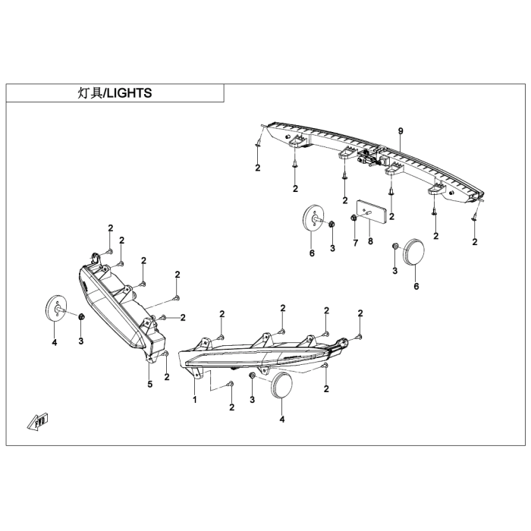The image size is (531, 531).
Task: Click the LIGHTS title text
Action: pos(129,93)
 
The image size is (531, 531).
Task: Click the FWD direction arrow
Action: pos(38,421)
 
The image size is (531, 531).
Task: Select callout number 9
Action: pos(401,131)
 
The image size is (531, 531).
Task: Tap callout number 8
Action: pos(370,241)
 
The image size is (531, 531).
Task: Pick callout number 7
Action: pos(355,243)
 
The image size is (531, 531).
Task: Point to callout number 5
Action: pos(150,384)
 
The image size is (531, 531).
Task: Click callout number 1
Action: pos(195,400)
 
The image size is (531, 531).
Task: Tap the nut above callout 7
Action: pos(353,218)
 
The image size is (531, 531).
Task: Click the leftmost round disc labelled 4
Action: pos(55,308)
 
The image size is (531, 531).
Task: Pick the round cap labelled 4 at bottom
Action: pos(281,385)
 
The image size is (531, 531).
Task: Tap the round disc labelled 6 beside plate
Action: pos(313,217)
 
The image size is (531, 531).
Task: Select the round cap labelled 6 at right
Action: pos(413,252)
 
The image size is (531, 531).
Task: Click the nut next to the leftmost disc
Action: pos(81,317)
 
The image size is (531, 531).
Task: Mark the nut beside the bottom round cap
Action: pos(252,376)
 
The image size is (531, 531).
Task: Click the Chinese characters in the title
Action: pos(90,93)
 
